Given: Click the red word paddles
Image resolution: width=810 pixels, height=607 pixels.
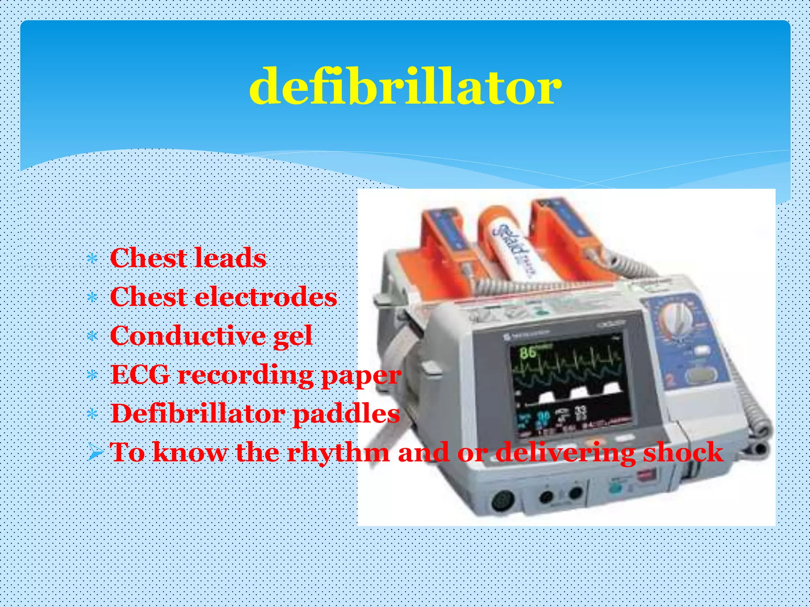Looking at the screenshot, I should coord(346,414).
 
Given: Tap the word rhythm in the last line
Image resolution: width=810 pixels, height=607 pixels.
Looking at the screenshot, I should coord(338,452).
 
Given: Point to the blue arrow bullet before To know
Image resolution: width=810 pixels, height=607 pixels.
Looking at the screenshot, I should coord(95,452).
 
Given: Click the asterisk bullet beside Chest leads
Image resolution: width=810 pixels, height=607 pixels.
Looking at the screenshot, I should coord(92,259).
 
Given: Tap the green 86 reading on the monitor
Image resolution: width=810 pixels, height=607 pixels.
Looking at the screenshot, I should coord(528,351).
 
